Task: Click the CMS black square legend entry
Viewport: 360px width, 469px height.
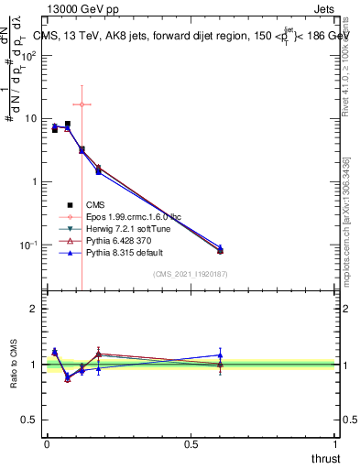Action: click(x=95, y=204)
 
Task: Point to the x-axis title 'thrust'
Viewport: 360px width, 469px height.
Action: click(x=326, y=458)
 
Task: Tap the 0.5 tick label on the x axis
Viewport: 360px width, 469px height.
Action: click(x=191, y=444)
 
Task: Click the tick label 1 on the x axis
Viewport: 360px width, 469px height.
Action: click(x=336, y=444)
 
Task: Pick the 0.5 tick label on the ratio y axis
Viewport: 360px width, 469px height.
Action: click(x=29, y=420)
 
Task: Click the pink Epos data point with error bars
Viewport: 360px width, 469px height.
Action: click(x=82, y=104)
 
